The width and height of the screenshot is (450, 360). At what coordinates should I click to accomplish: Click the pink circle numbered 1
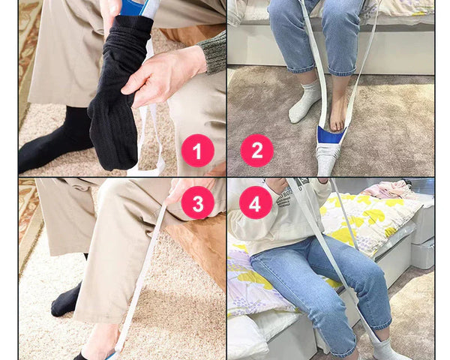pos(198,151)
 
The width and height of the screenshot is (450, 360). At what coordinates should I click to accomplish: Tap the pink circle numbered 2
pos(256,151)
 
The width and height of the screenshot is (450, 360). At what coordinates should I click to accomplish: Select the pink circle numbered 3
pos(198,202)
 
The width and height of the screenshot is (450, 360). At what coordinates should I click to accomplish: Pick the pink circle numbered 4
pos(256,202)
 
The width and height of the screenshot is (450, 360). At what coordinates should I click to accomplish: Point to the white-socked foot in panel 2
pos(304,103)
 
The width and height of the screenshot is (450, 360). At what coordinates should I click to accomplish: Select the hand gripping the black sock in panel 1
pos(163,75)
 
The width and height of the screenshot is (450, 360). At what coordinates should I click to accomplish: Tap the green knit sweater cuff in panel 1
pos(213,53)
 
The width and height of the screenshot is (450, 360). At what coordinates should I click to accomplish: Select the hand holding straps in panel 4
pos(276,184)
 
